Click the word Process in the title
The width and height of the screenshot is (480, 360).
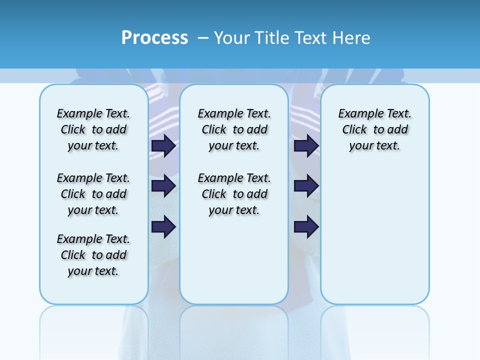(x=154, y=38)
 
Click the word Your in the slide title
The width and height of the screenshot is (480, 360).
(x=232, y=38)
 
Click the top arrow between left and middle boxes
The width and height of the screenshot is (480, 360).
(x=163, y=145)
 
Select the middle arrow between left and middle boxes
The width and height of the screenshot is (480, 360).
(x=163, y=186)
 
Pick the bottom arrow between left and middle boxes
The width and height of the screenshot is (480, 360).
(x=163, y=227)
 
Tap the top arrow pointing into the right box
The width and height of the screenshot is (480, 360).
(x=306, y=145)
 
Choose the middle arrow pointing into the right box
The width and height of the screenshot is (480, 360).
(x=306, y=186)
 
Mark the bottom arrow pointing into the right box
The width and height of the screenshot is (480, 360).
(x=306, y=227)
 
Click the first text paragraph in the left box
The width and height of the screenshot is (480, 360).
(x=93, y=129)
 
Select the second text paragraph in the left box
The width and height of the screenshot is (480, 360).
(x=93, y=194)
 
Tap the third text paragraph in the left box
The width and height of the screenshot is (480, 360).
(x=93, y=255)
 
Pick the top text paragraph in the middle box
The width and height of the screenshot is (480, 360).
(x=234, y=129)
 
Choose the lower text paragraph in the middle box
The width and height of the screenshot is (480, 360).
(x=234, y=194)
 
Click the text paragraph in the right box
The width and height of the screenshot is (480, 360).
(x=375, y=129)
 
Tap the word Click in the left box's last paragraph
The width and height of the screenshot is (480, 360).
(x=73, y=255)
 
